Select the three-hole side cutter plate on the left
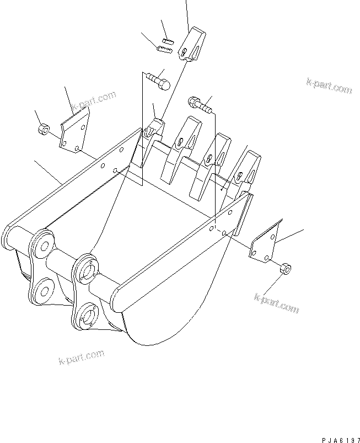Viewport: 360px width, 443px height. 74,132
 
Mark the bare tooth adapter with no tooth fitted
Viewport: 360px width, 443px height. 152,138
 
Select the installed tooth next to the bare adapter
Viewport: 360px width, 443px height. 180,143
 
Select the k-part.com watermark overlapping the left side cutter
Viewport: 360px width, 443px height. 93,101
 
